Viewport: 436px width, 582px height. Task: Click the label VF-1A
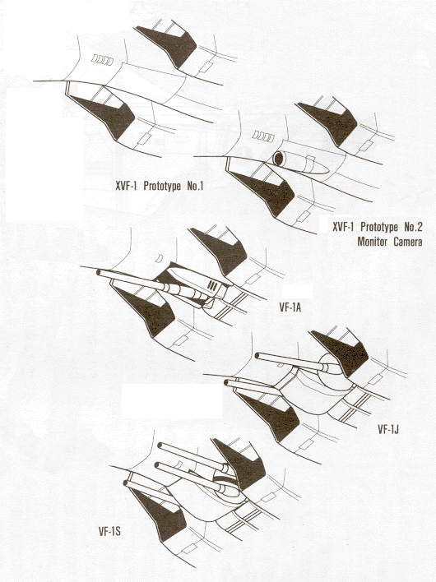(290, 307)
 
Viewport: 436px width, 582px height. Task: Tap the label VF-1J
(388, 429)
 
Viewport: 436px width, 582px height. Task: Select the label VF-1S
(109, 532)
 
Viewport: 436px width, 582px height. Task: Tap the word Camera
(409, 242)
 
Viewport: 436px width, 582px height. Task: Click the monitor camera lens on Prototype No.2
(278, 159)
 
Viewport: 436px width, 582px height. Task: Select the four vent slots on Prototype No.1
(103, 59)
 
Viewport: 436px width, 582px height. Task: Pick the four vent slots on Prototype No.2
(263, 136)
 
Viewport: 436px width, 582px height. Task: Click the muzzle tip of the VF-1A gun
(99, 272)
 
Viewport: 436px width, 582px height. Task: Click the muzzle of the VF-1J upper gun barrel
(257, 356)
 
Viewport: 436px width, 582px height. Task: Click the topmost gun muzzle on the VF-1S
(160, 446)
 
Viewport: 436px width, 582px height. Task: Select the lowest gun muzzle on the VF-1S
(126, 483)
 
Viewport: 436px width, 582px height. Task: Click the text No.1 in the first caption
(195, 186)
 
